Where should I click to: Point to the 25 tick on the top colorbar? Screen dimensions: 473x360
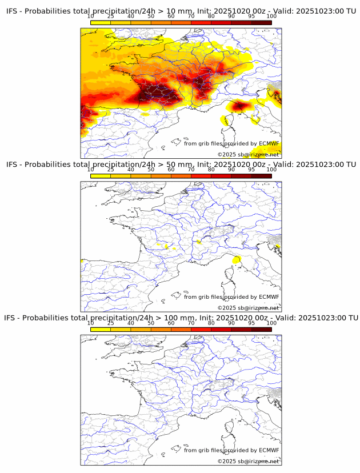point(111,17)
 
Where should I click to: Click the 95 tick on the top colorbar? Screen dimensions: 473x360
point(251,17)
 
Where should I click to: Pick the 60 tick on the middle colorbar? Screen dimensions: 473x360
point(171,170)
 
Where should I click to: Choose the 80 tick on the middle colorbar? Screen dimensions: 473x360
point(211,170)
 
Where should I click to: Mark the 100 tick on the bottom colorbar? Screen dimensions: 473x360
point(271,323)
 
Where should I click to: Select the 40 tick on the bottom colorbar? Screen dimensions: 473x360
point(131,323)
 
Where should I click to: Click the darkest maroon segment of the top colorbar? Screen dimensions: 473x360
point(261,22)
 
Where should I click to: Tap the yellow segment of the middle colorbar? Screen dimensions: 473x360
point(101,176)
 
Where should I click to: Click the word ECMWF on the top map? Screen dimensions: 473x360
point(269,143)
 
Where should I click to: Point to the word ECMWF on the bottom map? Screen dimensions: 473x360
point(269,450)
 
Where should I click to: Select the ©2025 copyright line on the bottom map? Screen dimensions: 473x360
point(248,461)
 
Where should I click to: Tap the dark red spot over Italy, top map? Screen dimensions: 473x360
point(239,106)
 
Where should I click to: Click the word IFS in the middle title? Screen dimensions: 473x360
point(12,165)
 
